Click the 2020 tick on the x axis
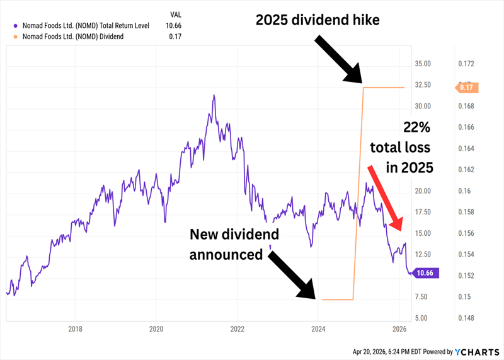click(x=156, y=328)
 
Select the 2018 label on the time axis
click(x=75, y=328)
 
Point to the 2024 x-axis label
click(x=318, y=328)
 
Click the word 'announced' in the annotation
click(x=227, y=255)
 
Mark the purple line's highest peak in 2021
click(x=214, y=95)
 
